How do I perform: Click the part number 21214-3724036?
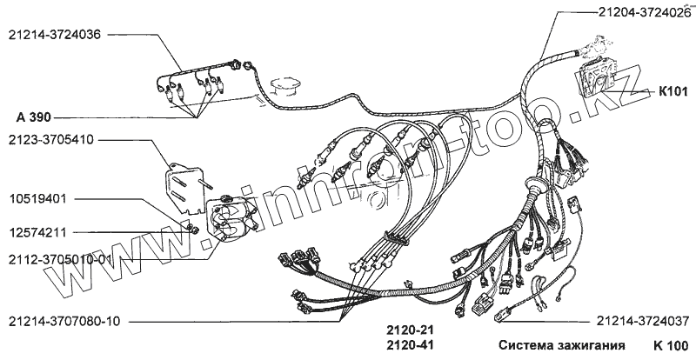click(x=54, y=36)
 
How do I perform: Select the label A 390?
click(x=34, y=116)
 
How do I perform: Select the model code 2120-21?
click(x=408, y=330)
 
